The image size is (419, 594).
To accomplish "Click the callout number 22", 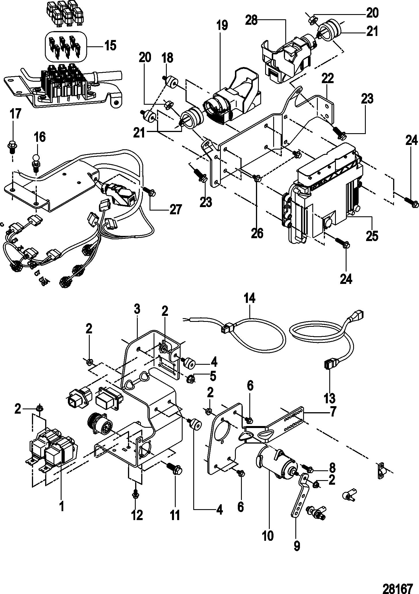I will (328, 79).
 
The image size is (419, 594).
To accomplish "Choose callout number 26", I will (257, 233).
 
